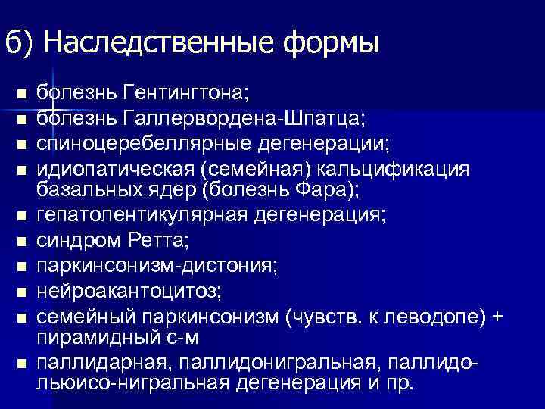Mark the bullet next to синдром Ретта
pos(23,242)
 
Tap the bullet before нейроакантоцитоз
pos(23,291)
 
